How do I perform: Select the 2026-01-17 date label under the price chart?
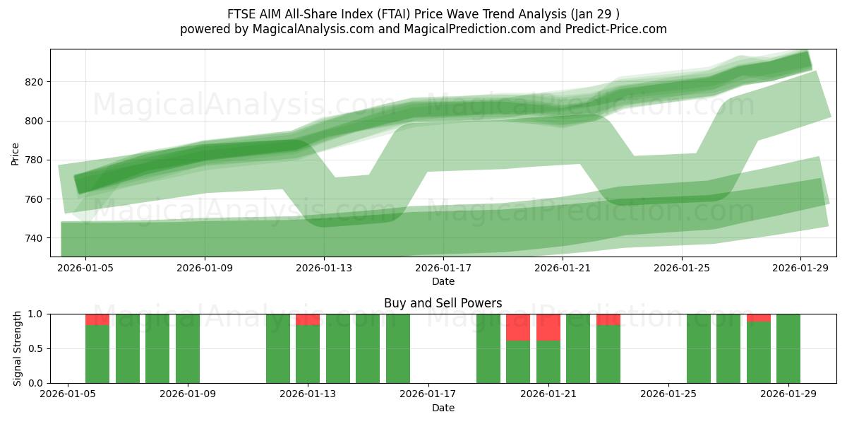pos(443,268)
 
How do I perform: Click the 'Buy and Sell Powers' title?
pos(443,303)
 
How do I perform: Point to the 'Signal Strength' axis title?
pos(18,348)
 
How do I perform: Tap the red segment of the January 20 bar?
pos(518,327)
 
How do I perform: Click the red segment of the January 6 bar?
pos(97,319)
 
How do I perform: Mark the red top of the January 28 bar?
pos(759,318)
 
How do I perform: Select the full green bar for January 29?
pos(788,348)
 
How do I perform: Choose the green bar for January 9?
pos(188,348)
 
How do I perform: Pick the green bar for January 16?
pos(398,348)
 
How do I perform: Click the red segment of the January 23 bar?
pos(608,319)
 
